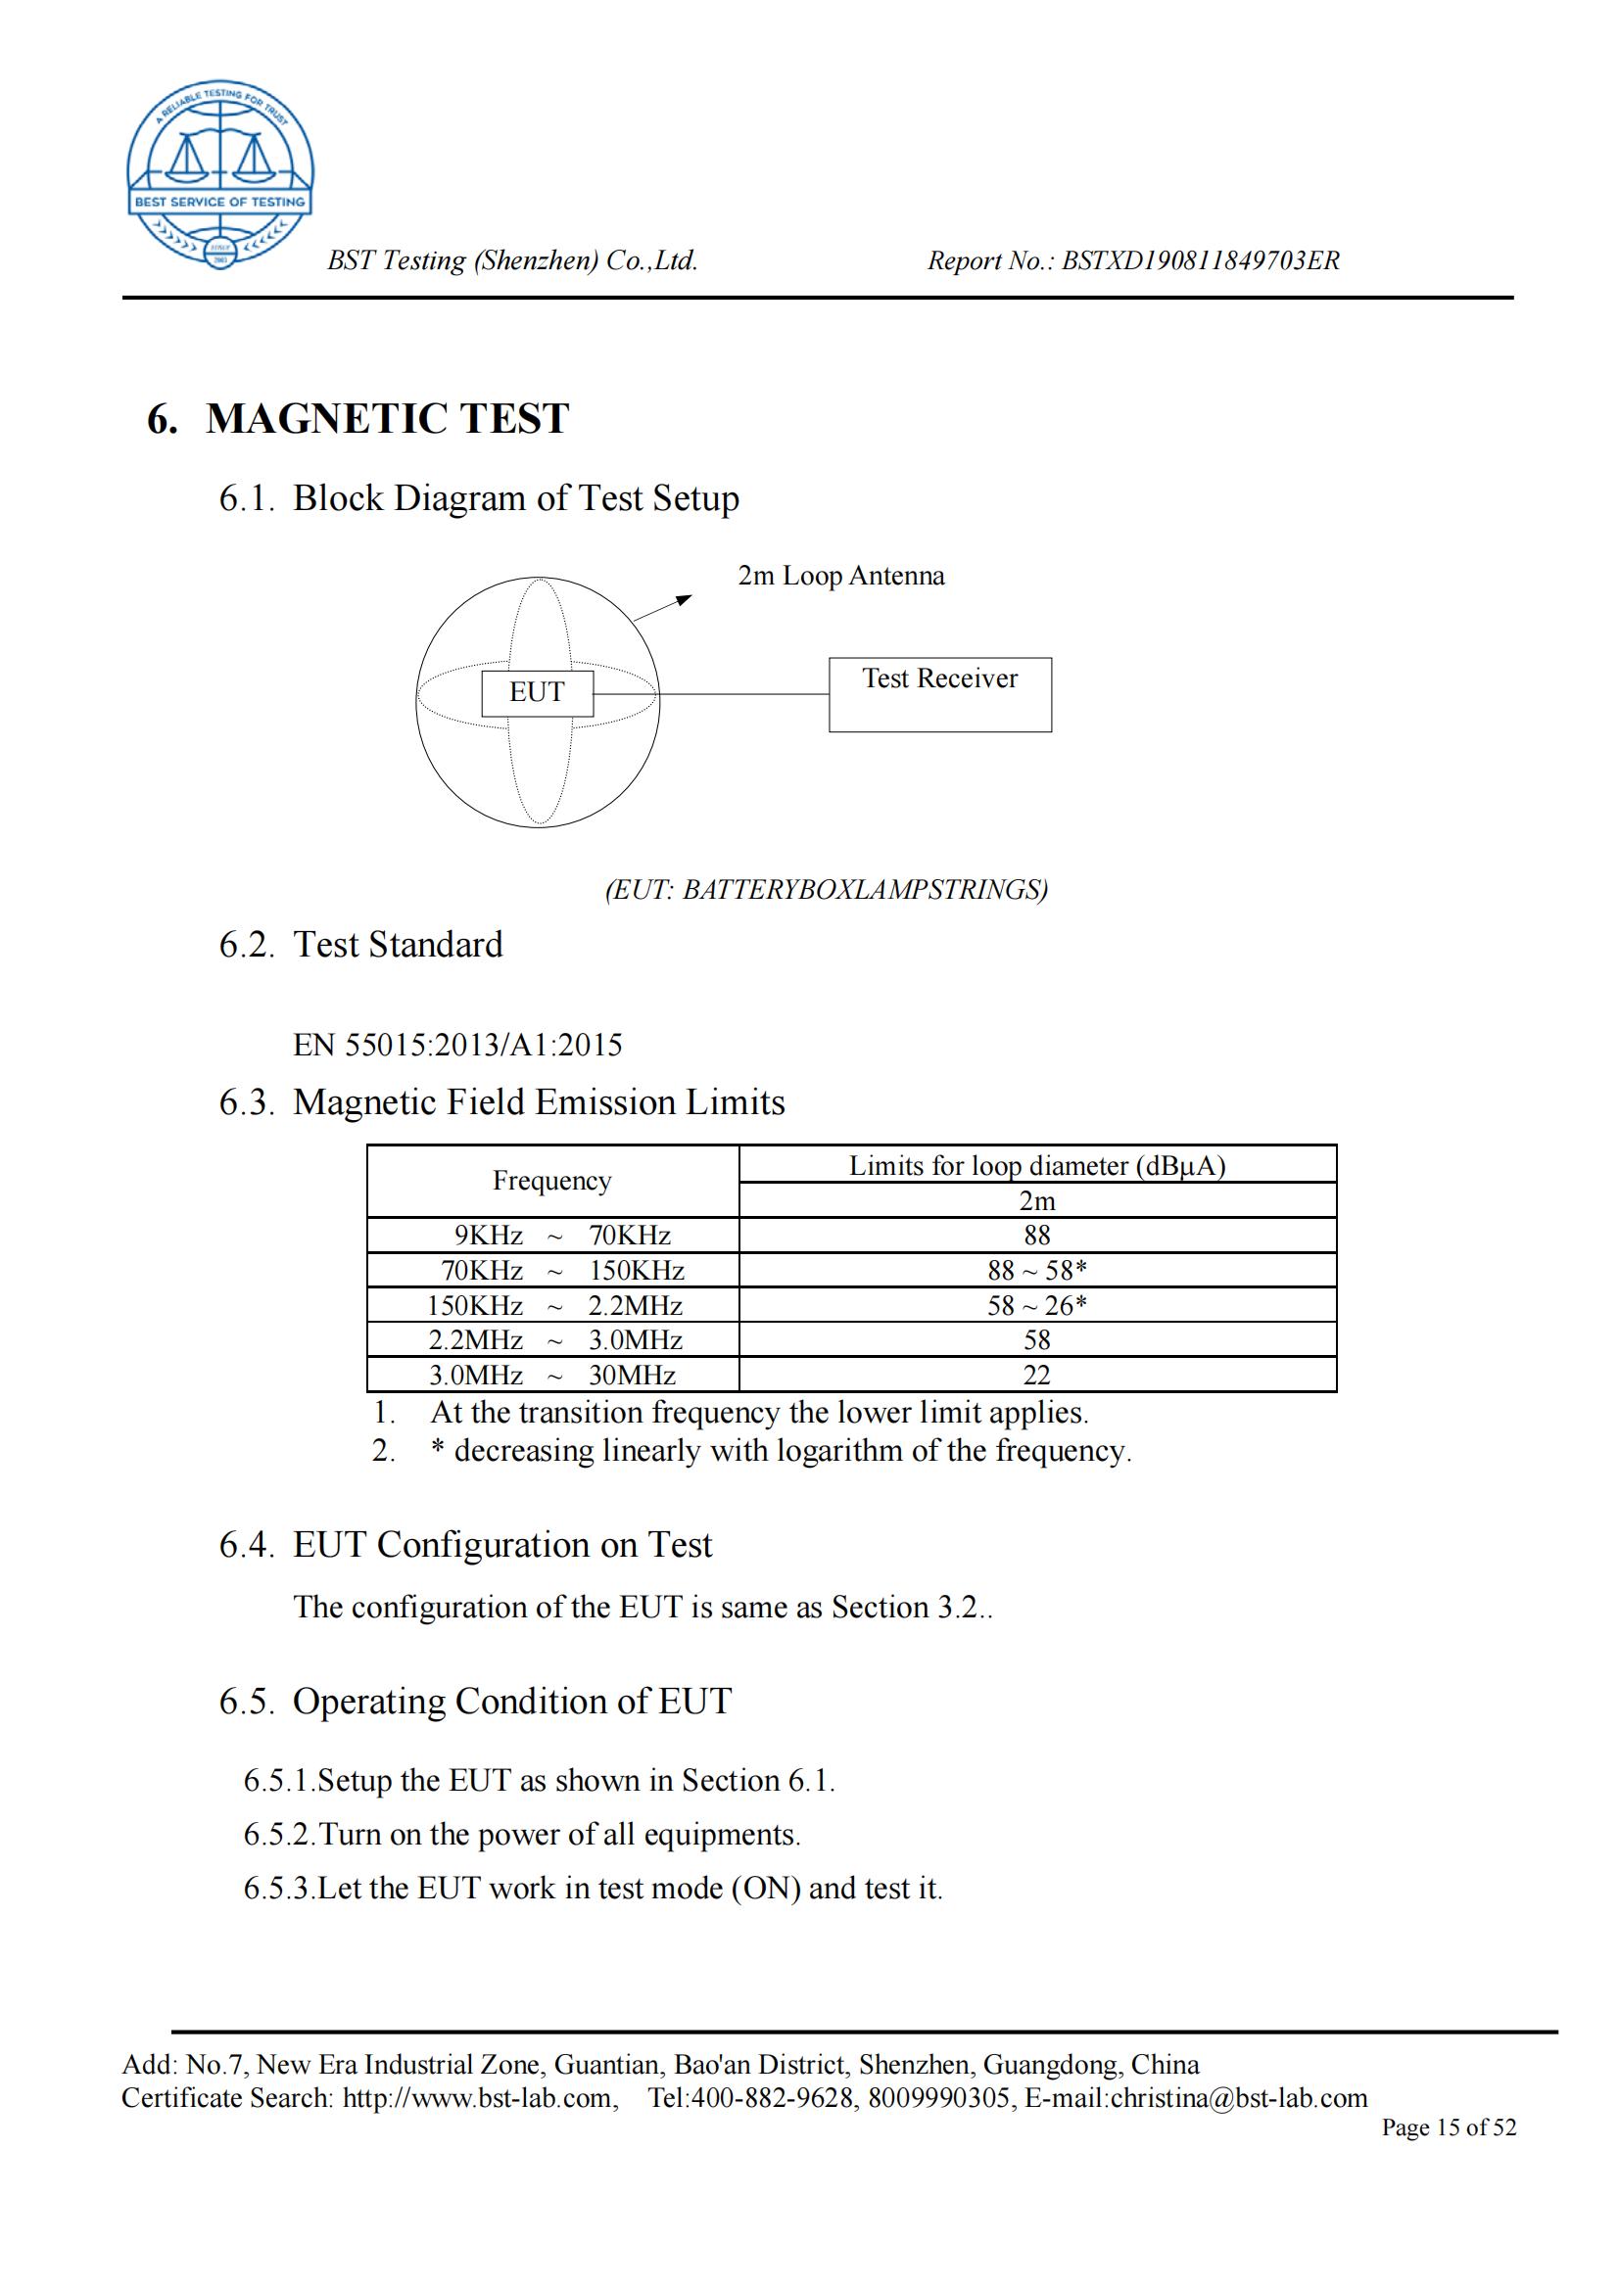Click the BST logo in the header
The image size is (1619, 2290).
pos(219,174)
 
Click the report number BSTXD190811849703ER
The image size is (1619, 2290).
pos(1200,261)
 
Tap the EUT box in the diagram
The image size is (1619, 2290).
pos(537,692)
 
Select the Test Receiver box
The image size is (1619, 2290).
pos(939,694)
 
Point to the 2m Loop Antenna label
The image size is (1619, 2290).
pos(840,577)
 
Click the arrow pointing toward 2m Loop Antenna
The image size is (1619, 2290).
pos(662,607)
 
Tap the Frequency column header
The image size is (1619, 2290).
pos(551,1181)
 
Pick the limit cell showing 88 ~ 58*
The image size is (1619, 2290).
pos(1036,1270)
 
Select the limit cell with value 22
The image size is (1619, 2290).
pos(1036,1376)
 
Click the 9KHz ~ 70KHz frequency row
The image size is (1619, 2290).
pos(551,1236)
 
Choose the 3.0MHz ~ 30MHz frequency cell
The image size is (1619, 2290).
pos(551,1376)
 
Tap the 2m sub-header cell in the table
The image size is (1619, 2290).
pos(1036,1201)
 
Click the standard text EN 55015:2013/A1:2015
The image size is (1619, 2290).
pos(456,1046)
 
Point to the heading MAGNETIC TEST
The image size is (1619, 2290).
pos(387,419)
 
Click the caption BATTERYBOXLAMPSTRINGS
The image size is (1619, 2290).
pos(826,890)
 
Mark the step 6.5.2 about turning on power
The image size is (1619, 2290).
pos(522,1834)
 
